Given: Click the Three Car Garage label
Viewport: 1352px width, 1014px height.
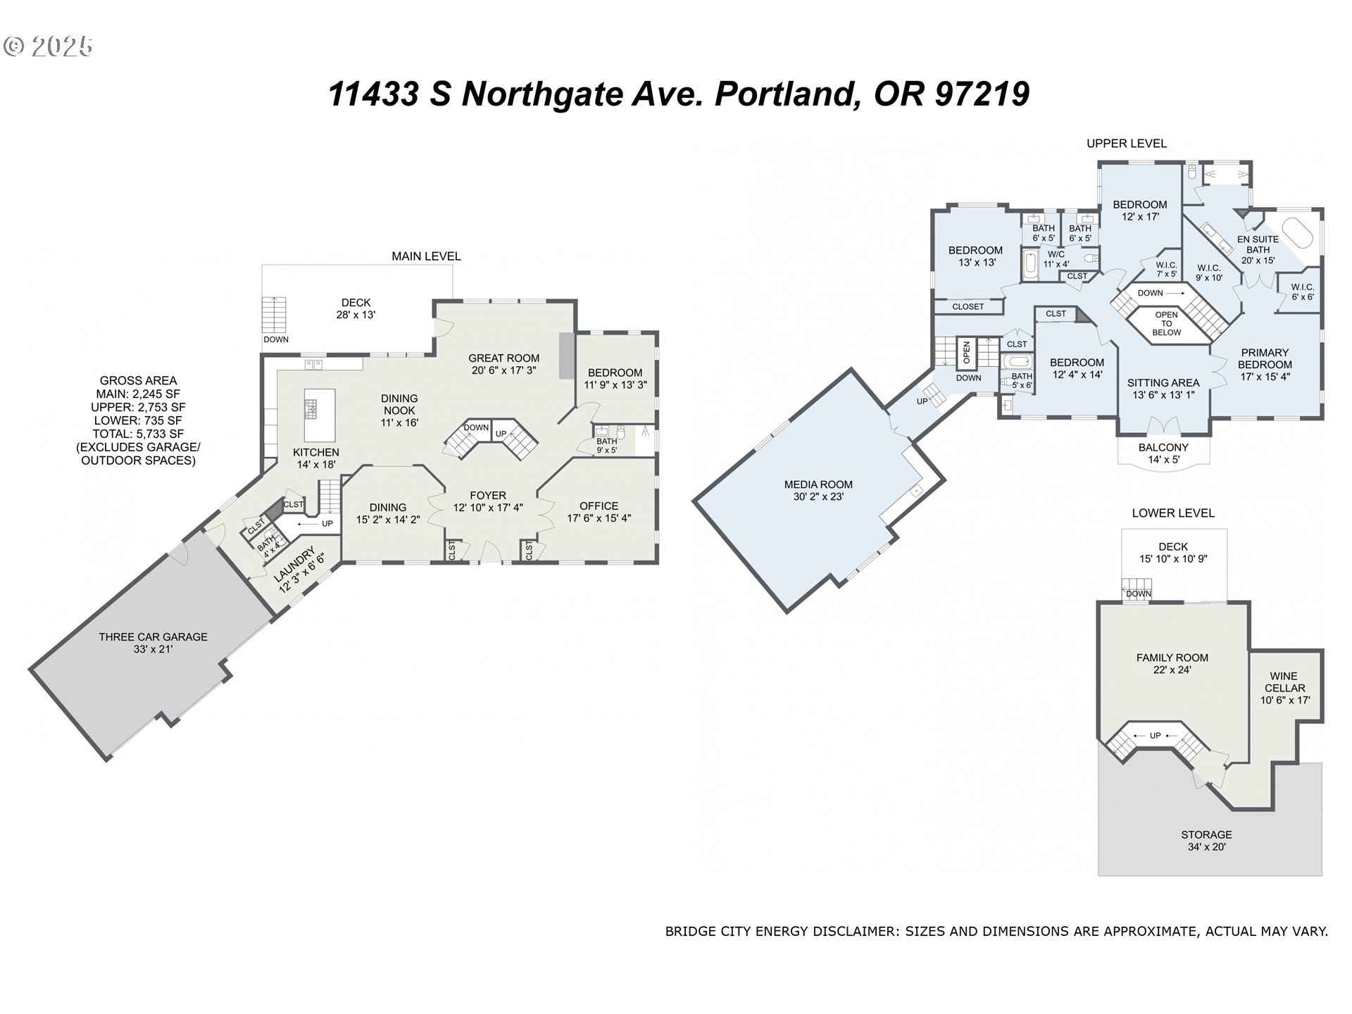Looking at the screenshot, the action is pyautogui.click(x=153, y=637).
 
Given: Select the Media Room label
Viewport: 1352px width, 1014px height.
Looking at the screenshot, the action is pyautogui.click(x=818, y=484).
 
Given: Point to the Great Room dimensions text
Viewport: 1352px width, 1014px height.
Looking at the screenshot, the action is pyautogui.click(x=504, y=370).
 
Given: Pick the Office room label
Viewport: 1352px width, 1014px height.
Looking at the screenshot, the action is pyautogui.click(x=599, y=506).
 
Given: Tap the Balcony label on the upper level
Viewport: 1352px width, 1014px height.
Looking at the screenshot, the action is pyautogui.click(x=1163, y=447).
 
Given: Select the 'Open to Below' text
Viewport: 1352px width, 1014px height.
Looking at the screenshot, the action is pyautogui.click(x=1167, y=324).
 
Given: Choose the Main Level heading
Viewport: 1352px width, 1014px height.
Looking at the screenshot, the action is pyautogui.click(x=426, y=256).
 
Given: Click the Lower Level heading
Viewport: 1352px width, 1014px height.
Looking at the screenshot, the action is pyautogui.click(x=1173, y=513).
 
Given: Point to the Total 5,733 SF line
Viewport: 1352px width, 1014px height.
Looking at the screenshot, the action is pyautogui.click(x=138, y=434).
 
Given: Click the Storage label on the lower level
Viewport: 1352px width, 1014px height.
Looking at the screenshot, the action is pyautogui.click(x=1206, y=834).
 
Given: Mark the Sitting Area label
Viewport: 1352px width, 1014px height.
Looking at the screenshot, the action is pyautogui.click(x=1163, y=383).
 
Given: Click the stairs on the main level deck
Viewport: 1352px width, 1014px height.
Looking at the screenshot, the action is pyautogui.click(x=274, y=315).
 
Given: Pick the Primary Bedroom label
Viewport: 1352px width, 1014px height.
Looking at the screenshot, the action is pyautogui.click(x=1265, y=358).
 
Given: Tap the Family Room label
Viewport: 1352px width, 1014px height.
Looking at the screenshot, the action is pyautogui.click(x=1172, y=658).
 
